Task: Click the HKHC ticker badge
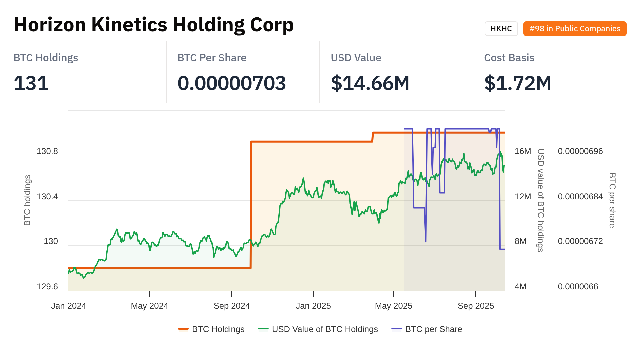tap(501, 29)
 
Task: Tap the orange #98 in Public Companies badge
tap(575, 29)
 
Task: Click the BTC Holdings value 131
tap(31, 83)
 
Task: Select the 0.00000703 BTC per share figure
tap(232, 83)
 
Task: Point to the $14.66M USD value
tap(370, 83)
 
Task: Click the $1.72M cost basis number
tap(518, 83)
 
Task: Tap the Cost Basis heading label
tap(509, 58)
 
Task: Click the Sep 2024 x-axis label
tap(232, 306)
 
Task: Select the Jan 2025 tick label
tap(313, 306)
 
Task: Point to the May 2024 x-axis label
tap(149, 306)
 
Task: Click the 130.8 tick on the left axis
tap(47, 151)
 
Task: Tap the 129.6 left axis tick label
tap(47, 287)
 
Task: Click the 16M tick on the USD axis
tap(523, 151)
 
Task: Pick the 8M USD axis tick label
tap(520, 241)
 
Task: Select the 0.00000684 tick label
tap(580, 197)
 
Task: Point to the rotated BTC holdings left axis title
tap(27, 200)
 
